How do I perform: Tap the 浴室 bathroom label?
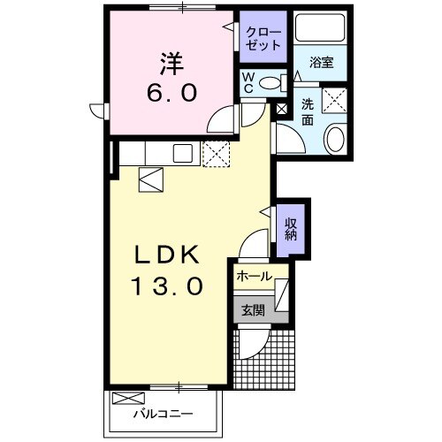tap(322, 63)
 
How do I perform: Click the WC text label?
tap(249, 81)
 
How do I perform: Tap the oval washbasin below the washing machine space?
tap(335, 138)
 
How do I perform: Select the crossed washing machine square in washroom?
tap(335, 101)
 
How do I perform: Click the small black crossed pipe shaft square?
tap(283, 110)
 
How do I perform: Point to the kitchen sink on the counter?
tap(184, 153)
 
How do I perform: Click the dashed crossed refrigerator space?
tap(216, 154)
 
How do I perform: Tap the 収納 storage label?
tap(290, 229)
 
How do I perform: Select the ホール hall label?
tap(254, 277)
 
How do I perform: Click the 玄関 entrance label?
tap(253, 309)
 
